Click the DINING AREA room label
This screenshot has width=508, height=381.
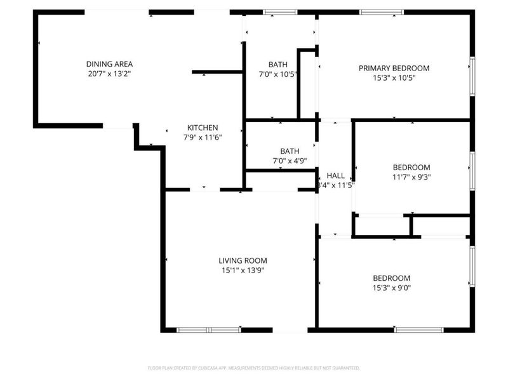[109, 64]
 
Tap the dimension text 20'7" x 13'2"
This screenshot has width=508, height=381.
[109, 74]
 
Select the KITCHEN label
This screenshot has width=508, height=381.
[203, 128]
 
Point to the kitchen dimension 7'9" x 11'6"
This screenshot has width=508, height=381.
[203, 137]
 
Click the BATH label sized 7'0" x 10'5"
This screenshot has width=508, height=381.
[277, 64]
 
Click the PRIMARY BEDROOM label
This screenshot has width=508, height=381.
[394, 68]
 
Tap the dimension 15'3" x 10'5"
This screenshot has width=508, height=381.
[394, 77]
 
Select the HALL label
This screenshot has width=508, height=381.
[335, 176]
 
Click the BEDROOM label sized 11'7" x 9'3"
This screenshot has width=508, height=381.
[411, 168]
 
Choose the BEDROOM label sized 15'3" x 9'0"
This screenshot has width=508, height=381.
[391, 278]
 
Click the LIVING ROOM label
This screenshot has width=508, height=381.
[243, 260]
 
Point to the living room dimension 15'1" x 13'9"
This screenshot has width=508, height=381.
[243, 270]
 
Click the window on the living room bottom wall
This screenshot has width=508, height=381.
[208, 330]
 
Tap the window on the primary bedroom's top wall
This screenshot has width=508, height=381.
[381, 12]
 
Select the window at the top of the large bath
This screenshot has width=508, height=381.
[280, 12]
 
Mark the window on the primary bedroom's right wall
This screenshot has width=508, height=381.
[472, 76]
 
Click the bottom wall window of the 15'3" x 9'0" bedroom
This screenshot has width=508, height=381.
[418, 330]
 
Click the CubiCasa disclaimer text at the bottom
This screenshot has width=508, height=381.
[254, 368]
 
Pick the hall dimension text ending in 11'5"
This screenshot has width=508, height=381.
[335, 185]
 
